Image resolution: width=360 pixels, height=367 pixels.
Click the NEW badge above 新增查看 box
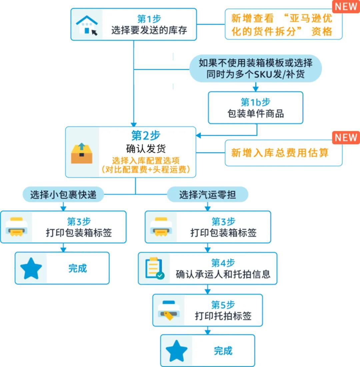coord(346,6)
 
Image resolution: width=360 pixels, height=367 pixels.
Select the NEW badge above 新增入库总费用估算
coord(346,137)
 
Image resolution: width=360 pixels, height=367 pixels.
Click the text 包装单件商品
coord(255,113)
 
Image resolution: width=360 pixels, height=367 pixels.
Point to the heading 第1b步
coord(255,102)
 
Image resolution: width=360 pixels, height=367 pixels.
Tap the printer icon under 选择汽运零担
coord(161,227)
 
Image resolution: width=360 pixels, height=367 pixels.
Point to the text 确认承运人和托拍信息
coord(223,274)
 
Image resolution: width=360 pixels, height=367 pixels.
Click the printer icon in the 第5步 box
coord(169,310)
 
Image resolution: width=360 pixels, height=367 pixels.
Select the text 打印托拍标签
coord(223,316)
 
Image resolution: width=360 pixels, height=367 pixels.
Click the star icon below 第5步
coord(176,351)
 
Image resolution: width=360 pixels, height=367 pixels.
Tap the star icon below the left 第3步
coord(31,268)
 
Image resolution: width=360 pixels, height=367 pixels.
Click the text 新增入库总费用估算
coord(280,153)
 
